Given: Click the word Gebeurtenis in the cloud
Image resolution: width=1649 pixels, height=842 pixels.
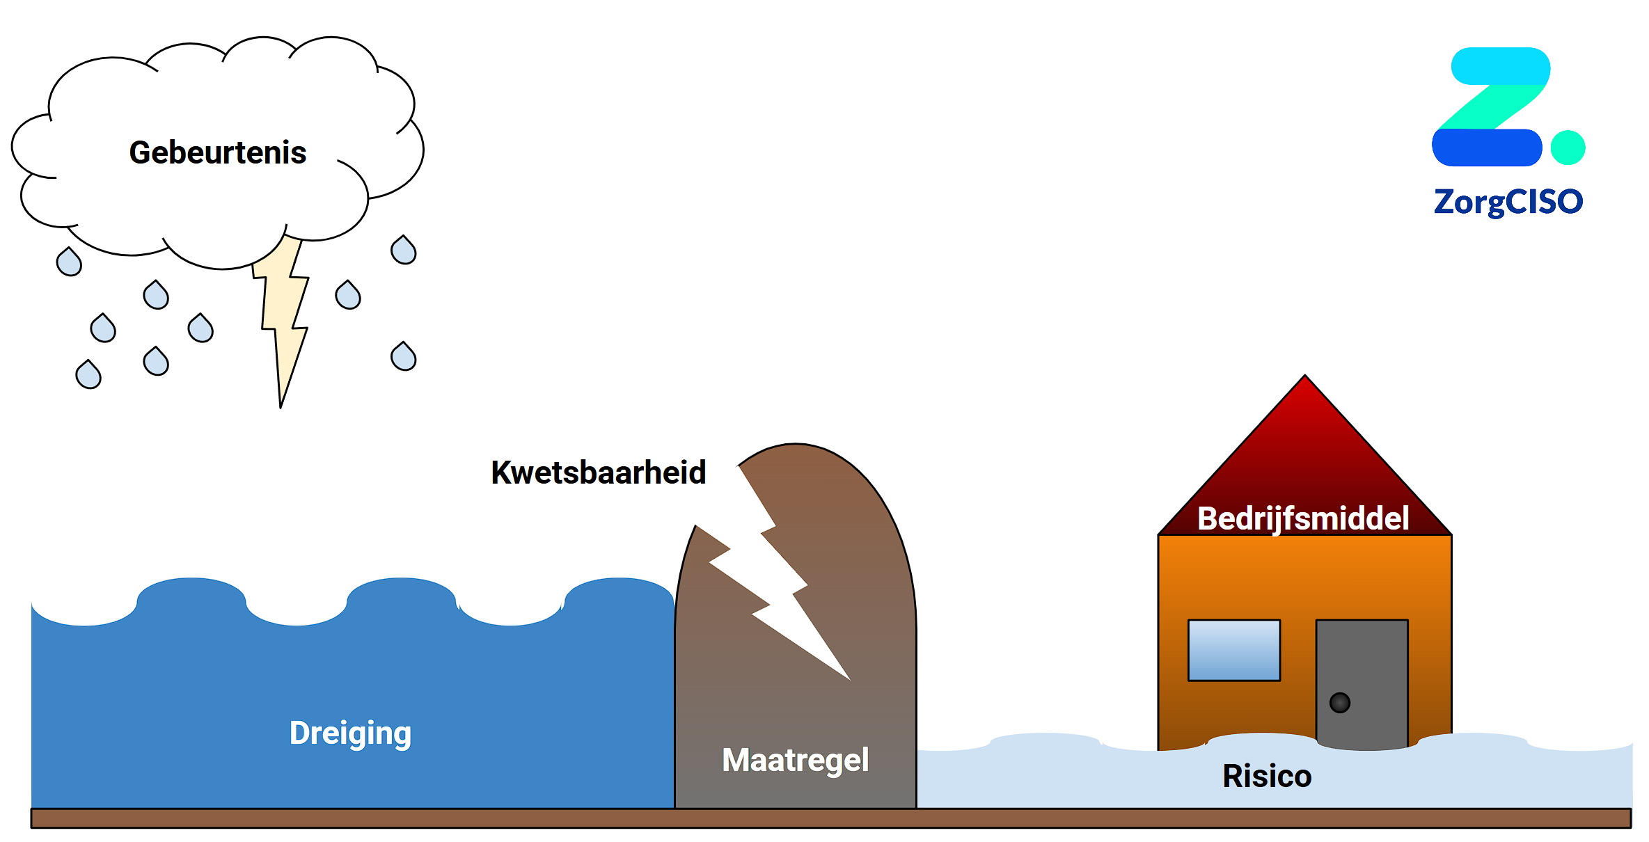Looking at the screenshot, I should [x=218, y=152].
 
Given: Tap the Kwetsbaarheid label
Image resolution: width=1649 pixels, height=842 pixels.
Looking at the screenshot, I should [x=599, y=472].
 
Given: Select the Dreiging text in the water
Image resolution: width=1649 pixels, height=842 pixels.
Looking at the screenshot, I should [x=350, y=733].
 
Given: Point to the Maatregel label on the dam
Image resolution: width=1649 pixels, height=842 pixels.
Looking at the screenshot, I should [x=796, y=760].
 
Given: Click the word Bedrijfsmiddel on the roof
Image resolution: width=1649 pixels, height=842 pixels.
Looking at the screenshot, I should [x=1303, y=518].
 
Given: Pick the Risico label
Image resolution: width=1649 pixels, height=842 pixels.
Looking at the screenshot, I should [x=1267, y=776].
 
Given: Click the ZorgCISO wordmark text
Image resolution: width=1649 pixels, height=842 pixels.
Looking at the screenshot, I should [x=1508, y=202].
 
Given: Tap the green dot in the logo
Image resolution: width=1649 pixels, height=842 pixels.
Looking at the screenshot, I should [x=1568, y=148].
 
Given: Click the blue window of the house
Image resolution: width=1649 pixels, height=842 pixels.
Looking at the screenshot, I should [x=1233, y=650].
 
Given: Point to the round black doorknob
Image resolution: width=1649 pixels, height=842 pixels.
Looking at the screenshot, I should [x=1339, y=703].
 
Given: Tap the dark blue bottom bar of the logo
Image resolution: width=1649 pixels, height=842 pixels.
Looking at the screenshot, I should [x=1487, y=148].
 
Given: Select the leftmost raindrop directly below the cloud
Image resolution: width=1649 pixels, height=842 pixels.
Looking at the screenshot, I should [x=69, y=262].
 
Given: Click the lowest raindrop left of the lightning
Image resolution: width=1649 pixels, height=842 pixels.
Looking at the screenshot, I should [x=88, y=375].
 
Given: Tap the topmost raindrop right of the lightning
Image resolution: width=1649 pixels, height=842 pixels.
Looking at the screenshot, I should [x=404, y=251].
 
